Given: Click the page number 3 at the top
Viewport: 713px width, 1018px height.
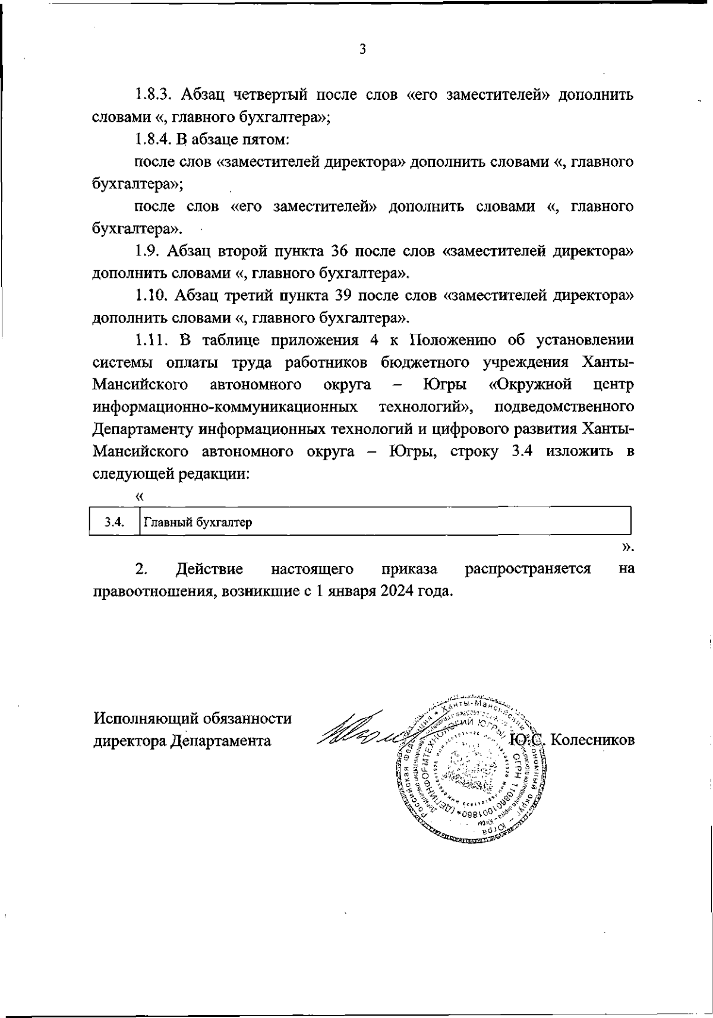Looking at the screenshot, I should tap(362, 49).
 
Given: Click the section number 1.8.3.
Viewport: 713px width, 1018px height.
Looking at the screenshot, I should tap(154, 94).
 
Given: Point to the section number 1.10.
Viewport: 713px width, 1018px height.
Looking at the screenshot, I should tap(150, 296).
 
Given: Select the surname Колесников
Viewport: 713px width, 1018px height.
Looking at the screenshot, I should tap(594, 741).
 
